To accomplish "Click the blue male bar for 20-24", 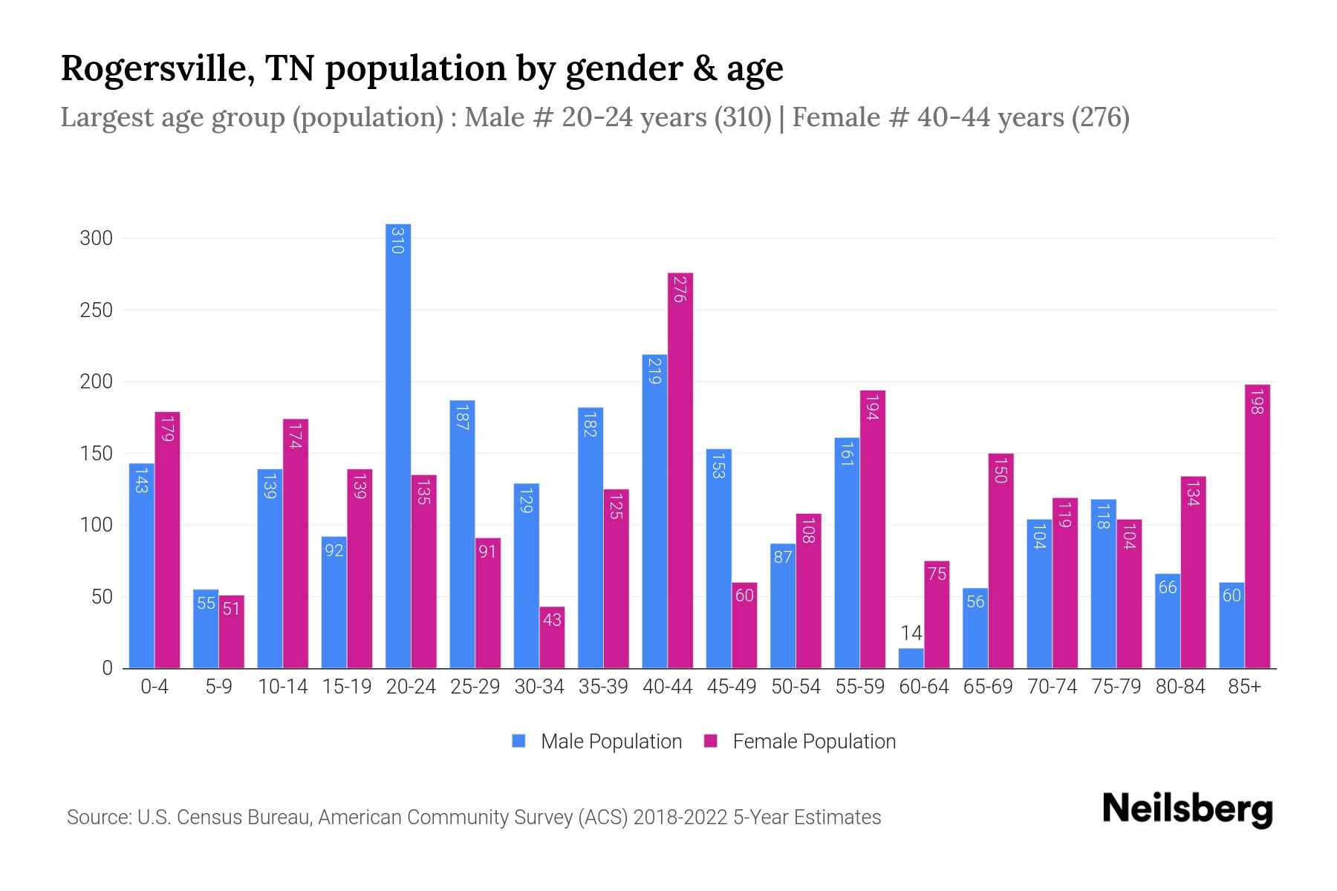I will coord(398,446).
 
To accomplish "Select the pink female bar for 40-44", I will coord(680,471).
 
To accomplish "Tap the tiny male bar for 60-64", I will coord(911,659).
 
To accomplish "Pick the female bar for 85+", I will coord(1257,526).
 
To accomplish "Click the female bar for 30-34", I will coord(552,638).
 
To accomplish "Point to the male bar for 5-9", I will coord(206,629).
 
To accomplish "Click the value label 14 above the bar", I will coord(911,633).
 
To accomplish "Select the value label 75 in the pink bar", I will coord(937,573).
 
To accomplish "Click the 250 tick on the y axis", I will coord(96,310).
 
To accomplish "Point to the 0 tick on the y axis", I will coord(107,668).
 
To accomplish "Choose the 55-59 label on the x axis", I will coord(859,687).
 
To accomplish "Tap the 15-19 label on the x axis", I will coord(347,687).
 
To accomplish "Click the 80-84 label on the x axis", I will coord(1180,687).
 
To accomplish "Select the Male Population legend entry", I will coord(611,741).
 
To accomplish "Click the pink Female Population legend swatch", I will coord(711,741).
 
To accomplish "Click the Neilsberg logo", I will coord(1187,809).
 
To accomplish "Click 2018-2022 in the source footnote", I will coord(680,817).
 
